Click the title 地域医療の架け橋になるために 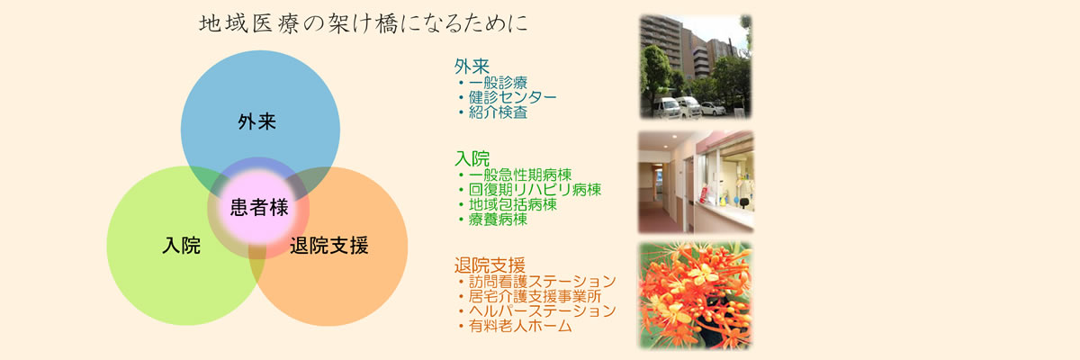tap(364, 24)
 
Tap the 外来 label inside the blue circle tap(257, 121)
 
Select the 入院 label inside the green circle tap(181, 246)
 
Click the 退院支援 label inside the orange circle tap(329, 246)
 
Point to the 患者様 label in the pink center tap(259, 207)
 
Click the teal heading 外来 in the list tap(472, 66)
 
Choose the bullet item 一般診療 tap(498, 83)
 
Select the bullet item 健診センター tap(512, 97)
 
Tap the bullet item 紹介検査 tap(498, 112)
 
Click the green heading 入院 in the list tap(472, 158)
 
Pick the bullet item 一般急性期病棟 tap(520, 175)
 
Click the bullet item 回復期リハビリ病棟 tap(535, 189)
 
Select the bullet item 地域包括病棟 tap(513, 204)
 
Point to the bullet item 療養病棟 tap(498, 220)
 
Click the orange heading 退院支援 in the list tap(490, 265)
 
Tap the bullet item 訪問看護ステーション tap(543, 281)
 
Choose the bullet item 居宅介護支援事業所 tap(535, 296)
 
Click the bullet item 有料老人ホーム tap(520, 326)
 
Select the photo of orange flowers tap(696, 295)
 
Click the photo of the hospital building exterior tap(696, 67)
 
